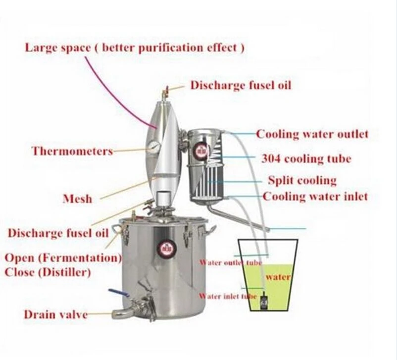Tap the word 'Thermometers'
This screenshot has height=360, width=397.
[x=72, y=151]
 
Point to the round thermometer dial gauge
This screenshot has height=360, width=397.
[x=152, y=147]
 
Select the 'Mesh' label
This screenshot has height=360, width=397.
[x=77, y=199]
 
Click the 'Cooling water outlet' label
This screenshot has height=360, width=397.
[x=312, y=134]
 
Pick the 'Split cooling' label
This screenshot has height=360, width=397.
[x=302, y=180]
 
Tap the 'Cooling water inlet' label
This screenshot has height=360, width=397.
[x=315, y=196]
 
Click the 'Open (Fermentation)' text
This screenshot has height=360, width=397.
[x=63, y=257]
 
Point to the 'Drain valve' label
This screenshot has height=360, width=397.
[x=55, y=314]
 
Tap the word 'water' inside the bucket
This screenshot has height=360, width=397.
[x=277, y=277]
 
